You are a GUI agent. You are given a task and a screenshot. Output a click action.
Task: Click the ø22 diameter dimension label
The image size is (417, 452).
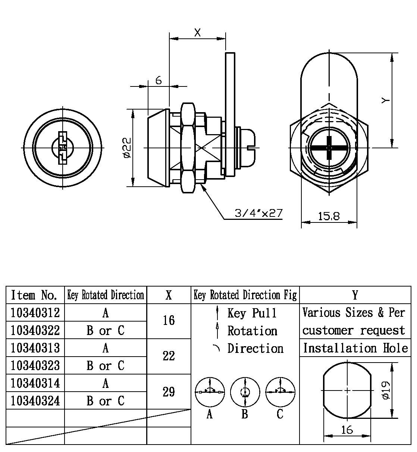[127, 148]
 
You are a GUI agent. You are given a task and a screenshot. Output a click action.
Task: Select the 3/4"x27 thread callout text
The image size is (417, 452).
[258, 213]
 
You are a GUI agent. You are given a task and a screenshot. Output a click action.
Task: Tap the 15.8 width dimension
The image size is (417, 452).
[329, 216]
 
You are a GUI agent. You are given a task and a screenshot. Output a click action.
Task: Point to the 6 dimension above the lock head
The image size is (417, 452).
[159, 80]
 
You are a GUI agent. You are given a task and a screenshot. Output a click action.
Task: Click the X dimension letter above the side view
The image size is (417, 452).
[197, 33]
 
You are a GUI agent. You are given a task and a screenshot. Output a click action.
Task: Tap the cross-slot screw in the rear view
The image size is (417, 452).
[329, 148]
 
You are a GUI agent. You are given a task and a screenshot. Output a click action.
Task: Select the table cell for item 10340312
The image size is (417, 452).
[35, 313]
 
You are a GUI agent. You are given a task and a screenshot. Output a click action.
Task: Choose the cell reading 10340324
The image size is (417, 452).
[35, 401]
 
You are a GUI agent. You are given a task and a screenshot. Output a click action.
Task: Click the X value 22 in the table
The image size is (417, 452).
[169, 356]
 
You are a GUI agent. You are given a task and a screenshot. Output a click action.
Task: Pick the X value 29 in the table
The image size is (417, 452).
[169, 392]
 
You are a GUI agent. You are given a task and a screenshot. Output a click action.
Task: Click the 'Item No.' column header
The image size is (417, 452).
[35, 295]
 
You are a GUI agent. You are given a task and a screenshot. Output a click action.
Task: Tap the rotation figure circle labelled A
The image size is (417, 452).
[210, 392]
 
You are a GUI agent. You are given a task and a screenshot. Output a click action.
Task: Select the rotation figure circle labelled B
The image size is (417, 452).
[245, 392]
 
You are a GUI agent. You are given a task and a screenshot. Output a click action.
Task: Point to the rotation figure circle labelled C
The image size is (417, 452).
[280, 392]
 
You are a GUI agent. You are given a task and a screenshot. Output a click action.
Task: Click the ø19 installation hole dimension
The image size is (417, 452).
[386, 390]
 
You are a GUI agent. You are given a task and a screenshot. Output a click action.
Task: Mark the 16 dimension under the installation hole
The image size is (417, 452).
[347, 430]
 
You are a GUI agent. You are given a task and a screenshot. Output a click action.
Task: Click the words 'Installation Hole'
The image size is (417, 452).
[355, 348]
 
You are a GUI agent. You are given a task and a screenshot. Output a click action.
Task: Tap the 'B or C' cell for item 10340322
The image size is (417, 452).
[106, 330]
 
